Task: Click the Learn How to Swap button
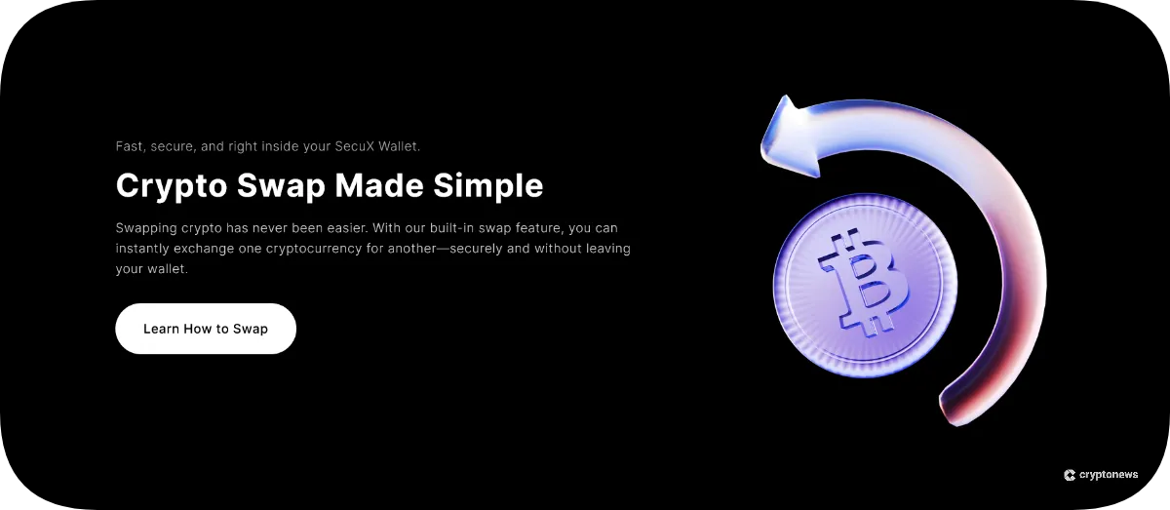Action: tap(206, 329)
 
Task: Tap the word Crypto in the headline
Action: tap(172, 185)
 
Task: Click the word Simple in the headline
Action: tap(488, 185)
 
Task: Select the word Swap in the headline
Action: tap(281, 185)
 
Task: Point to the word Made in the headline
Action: tap(379, 185)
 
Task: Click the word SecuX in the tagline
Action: tap(355, 146)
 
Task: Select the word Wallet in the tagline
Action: tap(400, 146)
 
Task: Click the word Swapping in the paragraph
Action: tap(146, 228)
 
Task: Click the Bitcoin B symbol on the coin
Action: tap(864, 283)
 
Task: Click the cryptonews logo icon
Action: tap(1070, 475)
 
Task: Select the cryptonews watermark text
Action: tap(1109, 475)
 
